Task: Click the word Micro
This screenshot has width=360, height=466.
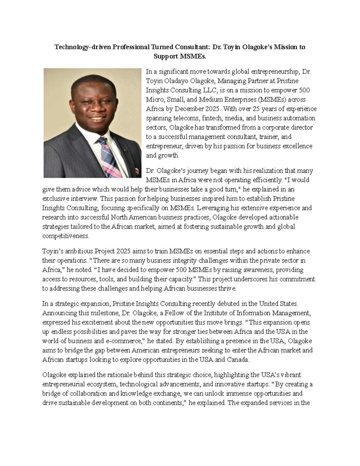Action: [154, 100]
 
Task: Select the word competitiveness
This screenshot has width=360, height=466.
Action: [66, 236]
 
